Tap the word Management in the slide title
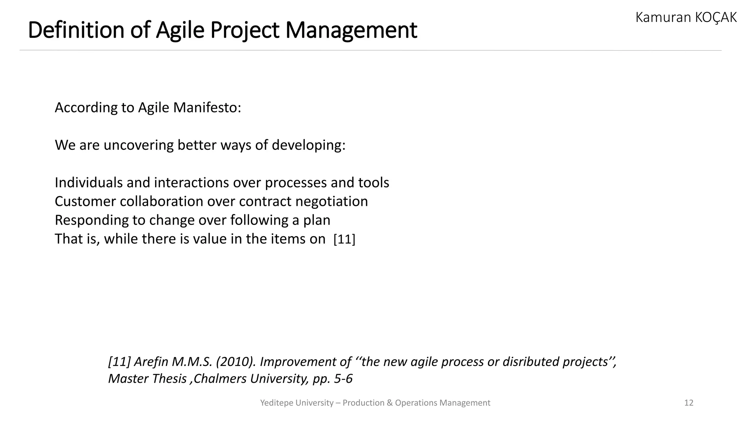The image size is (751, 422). pyautogui.click(x=351, y=30)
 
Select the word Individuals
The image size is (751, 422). pyautogui.click(x=89, y=183)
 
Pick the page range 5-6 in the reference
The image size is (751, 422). pyautogui.click(x=343, y=379)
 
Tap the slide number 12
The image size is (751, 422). pyautogui.click(x=689, y=403)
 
